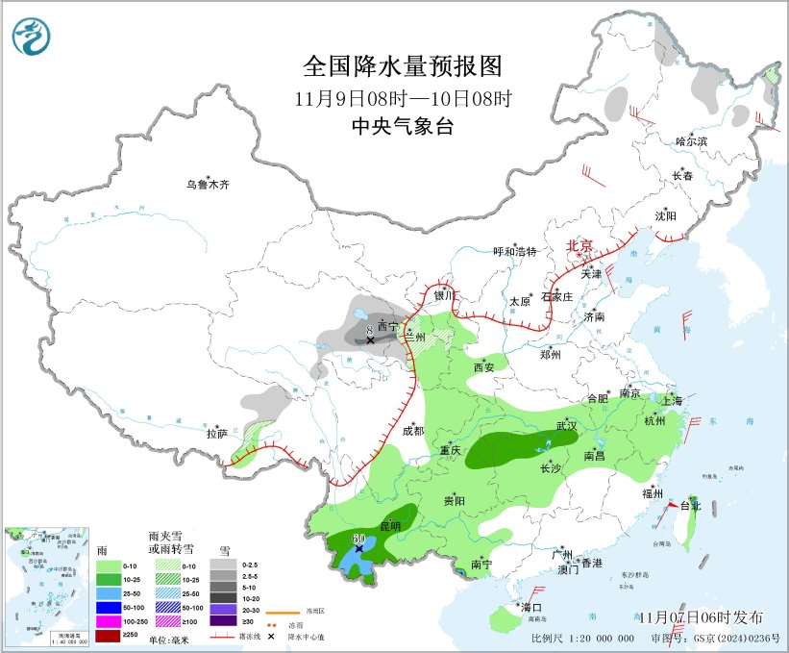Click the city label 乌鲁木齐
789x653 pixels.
pos(209,185)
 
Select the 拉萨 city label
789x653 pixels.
pos(217,434)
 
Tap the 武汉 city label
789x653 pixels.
pos(566,425)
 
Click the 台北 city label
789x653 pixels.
pos(691,505)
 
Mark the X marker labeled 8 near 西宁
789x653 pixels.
pos(370,340)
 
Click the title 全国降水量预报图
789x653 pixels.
pos(403,66)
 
